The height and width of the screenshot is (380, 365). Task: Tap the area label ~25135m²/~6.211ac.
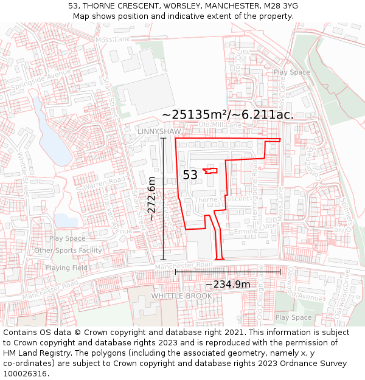(x=228, y=115)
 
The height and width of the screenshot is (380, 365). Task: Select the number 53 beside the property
(x=190, y=175)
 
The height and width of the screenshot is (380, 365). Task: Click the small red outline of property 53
(x=210, y=171)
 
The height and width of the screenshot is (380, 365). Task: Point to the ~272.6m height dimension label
(x=151, y=198)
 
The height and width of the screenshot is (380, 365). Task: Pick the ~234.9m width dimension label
(x=228, y=285)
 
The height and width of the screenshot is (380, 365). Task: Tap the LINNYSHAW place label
(x=159, y=131)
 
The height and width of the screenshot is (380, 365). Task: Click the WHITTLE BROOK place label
(x=182, y=296)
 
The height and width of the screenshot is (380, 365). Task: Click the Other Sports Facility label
(x=68, y=250)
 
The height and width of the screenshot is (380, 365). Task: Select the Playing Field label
(x=66, y=268)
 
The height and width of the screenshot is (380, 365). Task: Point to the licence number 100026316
(x=25, y=374)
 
